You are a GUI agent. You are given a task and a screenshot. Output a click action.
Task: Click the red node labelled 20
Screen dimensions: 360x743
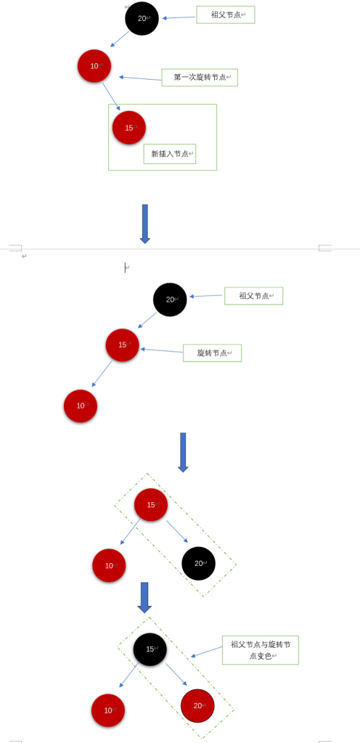pyautogui.click(x=197, y=705)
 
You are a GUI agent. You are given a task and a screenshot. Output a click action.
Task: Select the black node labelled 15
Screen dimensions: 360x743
pyautogui.click(x=150, y=649)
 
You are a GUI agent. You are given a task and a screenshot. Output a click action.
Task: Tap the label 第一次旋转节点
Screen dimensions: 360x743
pyautogui.click(x=200, y=77)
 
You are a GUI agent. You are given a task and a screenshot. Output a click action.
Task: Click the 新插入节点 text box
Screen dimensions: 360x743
pyautogui.click(x=170, y=154)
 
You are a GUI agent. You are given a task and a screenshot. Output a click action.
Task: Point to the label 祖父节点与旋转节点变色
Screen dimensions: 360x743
pyautogui.click(x=260, y=649)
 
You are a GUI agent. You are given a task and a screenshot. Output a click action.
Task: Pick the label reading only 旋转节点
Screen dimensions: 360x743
pyautogui.click(x=212, y=353)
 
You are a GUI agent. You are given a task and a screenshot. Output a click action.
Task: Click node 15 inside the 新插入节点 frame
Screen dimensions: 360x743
pyautogui.click(x=129, y=128)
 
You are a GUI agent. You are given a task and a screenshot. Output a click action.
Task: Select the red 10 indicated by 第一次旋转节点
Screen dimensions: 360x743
pyautogui.click(x=94, y=66)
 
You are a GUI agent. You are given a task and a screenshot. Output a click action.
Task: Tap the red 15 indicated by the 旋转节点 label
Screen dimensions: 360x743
pyautogui.click(x=122, y=345)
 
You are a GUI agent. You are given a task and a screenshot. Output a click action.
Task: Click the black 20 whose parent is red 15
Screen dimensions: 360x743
pyautogui.click(x=198, y=563)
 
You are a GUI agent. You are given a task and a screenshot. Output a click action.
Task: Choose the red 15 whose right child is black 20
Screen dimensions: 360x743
pyautogui.click(x=151, y=505)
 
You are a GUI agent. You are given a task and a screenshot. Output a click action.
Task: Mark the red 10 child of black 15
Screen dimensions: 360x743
pyautogui.click(x=108, y=710)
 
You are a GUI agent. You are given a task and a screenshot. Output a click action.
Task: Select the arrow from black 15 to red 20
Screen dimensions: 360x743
pyautogui.click(x=176, y=675)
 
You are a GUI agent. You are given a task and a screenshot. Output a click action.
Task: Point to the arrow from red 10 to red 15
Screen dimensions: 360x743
pyautogui.click(x=111, y=97)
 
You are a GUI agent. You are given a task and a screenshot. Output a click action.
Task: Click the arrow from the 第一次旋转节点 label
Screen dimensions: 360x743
pyautogui.click(x=140, y=78)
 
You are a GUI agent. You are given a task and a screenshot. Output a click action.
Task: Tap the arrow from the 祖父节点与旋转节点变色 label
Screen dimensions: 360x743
pyautogui.click(x=206, y=652)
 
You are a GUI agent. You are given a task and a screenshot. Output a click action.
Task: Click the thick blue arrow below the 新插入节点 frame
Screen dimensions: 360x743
pyautogui.click(x=145, y=223)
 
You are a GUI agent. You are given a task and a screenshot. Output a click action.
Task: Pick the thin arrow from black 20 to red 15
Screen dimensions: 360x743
pyautogui.click(x=147, y=320)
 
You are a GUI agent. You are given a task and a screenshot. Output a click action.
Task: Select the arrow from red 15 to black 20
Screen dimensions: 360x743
pyautogui.click(x=176, y=532)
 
